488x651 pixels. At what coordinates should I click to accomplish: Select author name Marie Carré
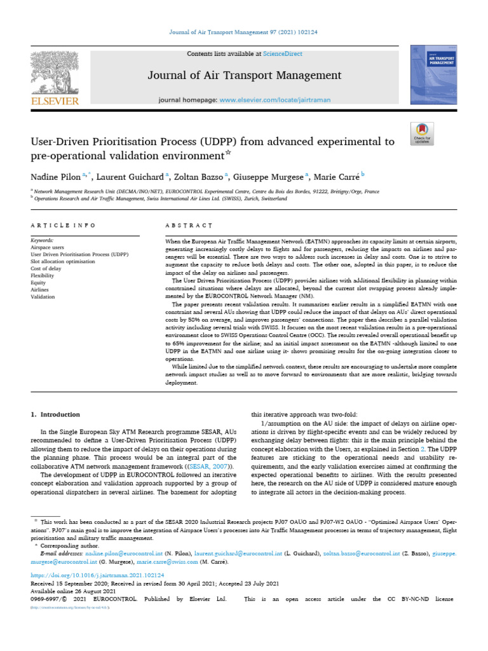339,176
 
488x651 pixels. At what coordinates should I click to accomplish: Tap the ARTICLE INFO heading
64,225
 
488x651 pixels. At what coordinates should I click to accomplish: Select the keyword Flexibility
43,275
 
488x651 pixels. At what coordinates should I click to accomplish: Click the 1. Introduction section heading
56,414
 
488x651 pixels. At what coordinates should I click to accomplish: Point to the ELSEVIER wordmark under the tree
56,101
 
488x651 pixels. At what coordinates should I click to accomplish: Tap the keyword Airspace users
49,247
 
